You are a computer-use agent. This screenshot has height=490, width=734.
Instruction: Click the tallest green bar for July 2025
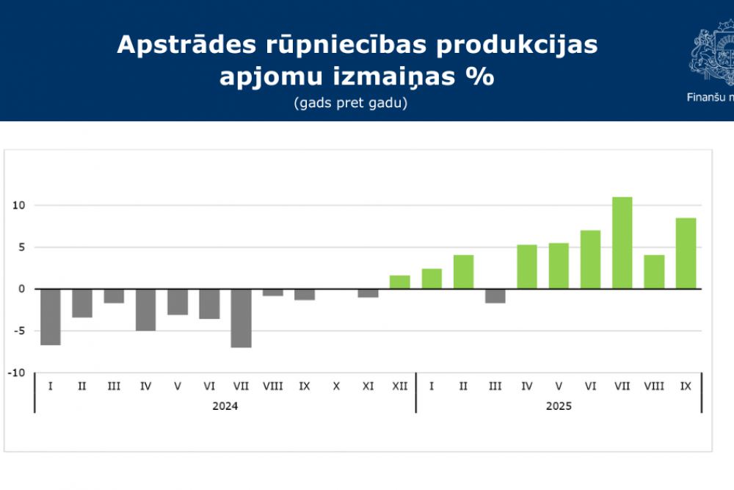click(622, 243)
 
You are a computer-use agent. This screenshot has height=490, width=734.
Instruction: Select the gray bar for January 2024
click(50, 317)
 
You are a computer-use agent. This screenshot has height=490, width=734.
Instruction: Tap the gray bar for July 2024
click(241, 318)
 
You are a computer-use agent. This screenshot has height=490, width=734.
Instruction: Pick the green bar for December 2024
click(399, 282)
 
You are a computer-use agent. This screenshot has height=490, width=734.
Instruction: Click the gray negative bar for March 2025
click(495, 296)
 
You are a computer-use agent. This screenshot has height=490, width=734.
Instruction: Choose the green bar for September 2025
click(686, 253)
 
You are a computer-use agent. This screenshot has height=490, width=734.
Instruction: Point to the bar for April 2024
click(145, 310)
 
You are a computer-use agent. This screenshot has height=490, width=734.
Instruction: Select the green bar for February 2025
click(463, 272)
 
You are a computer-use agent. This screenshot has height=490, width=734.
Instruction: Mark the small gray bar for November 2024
click(368, 293)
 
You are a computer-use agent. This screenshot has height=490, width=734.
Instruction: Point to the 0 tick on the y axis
click(22, 289)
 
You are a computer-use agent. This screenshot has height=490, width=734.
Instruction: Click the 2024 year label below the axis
click(225, 406)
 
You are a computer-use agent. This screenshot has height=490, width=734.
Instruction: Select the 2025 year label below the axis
click(559, 406)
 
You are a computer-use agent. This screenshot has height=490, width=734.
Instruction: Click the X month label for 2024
click(336, 386)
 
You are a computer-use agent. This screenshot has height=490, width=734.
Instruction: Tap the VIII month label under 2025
click(654, 386)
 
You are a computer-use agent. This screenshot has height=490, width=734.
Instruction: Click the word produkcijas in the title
click(517, 45)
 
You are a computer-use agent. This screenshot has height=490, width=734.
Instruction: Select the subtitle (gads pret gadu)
click(350, 103)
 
